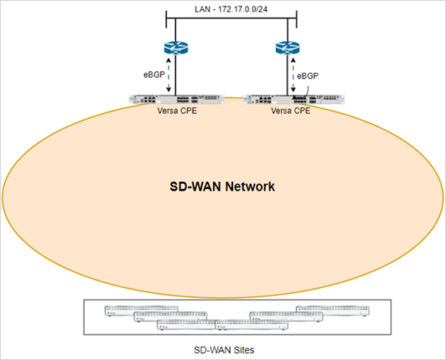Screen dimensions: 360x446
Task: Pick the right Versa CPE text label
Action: [x=292, y=111]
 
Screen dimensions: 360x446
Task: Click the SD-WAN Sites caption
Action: [x=225, y=349]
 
